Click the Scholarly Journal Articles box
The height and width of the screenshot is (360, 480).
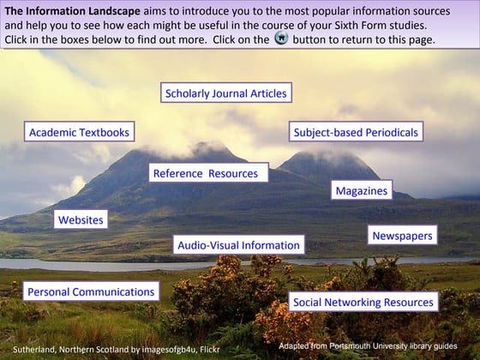(x=226, y=93)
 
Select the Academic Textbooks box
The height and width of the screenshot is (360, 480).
(x=79, y=132)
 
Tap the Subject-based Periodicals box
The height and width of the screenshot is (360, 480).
(x=356, y=132)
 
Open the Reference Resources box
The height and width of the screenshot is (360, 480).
(x=206, y=173)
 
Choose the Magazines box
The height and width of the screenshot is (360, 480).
(x=361, y=190)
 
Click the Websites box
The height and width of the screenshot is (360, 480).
(x=81, y=219)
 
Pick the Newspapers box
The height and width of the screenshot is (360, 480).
(x=403, y=235)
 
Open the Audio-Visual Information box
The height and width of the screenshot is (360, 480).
(x=238, y=245)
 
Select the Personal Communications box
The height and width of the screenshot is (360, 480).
(x=91, y=291)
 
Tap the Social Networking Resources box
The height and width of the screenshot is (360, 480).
(x=363, y=302)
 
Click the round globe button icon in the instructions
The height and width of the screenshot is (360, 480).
(x=281, y=40)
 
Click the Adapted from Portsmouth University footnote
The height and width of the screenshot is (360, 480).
(x=368, y=345)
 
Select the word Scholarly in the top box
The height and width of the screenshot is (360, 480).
(x=189, y=93)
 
